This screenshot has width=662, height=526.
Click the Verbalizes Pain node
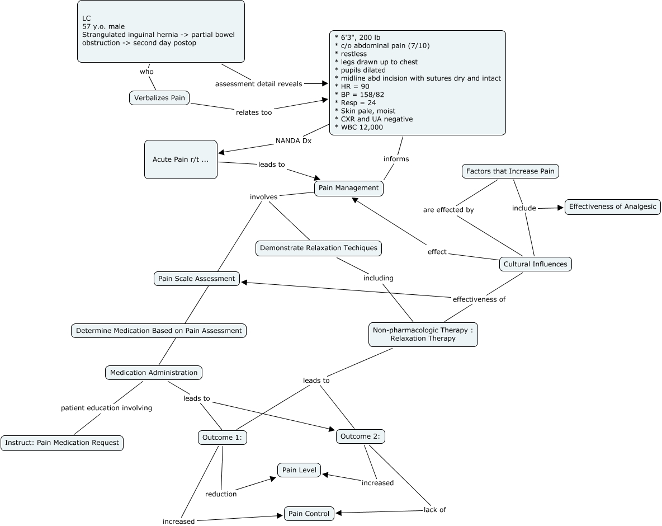159,98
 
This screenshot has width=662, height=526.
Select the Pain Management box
349,188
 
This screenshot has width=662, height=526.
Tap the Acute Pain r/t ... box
181,159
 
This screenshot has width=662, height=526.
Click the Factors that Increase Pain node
510,171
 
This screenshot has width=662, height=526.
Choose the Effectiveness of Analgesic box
613,206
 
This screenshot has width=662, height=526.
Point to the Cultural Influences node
535,264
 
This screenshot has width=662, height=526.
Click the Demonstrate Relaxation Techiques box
319,248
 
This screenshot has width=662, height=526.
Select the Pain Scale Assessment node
197,279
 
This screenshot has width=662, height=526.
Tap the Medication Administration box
154,373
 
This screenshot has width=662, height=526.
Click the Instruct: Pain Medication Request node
62,443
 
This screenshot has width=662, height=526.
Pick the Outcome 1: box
223,438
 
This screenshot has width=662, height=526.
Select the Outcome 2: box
361,436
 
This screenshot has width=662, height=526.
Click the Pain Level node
300,470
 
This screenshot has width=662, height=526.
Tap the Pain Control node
310,513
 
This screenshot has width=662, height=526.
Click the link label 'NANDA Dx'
294,141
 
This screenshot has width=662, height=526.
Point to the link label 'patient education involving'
106,408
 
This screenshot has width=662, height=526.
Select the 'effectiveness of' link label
479,299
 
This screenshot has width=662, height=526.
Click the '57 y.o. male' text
103,26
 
